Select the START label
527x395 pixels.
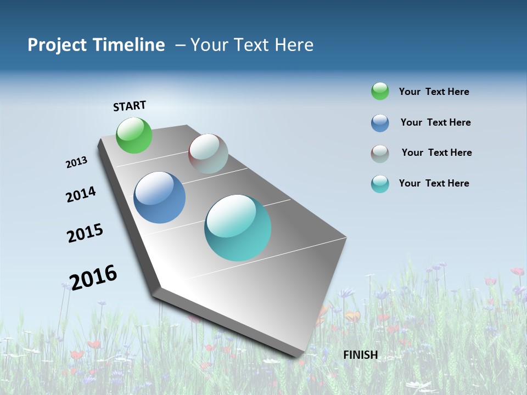point(130,106)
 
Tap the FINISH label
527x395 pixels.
point(361,355)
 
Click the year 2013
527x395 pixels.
point(77,162)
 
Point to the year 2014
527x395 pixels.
point(81,194)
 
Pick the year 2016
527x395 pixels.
point(93,277)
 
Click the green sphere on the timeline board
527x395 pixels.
point(134,135)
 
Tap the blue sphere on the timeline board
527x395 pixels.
point(160,198)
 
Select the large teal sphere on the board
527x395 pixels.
point(238,228)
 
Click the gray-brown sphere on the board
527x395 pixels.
point(208,154)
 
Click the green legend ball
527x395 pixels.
point(380,91)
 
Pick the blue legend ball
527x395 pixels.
point(380,123)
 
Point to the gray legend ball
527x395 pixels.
point(380,153)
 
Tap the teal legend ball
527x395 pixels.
point(380,184)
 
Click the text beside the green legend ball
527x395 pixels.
point(434,92)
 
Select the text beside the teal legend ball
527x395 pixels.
point(434,183)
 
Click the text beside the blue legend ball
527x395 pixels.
point(436,122)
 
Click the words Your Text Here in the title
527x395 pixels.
point(252,45)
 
